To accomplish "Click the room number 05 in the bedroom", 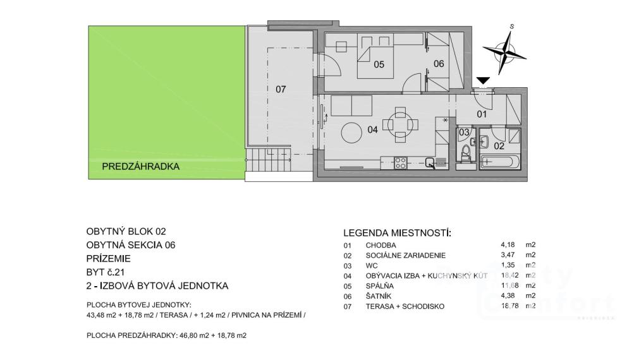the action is click(379, 64).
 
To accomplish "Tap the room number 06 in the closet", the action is click(439, 64).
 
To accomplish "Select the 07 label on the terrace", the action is click(281, 89).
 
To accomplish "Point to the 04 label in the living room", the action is click(372, 130).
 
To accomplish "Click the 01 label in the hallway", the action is click(482, 114).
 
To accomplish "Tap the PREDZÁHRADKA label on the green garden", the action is click(140, 167).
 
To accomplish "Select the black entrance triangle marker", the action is click(484, 81).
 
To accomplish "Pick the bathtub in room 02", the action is click(499, 161).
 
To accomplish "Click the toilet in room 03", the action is click(465, 155).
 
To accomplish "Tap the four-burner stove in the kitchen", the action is click(400, 163).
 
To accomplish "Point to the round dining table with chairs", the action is click(401, 124).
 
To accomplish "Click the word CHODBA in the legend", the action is click(380, 246).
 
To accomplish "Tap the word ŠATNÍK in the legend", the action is click(379, 296).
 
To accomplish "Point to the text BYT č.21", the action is click(105, 272).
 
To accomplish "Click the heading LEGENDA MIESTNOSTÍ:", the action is click(398, 233).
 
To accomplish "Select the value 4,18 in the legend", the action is click(508, 245).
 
